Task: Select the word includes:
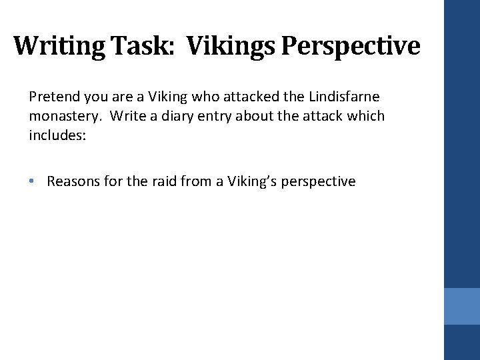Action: coord(56,135)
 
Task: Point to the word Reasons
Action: coord(74,181)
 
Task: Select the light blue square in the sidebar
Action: coord(462,306)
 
